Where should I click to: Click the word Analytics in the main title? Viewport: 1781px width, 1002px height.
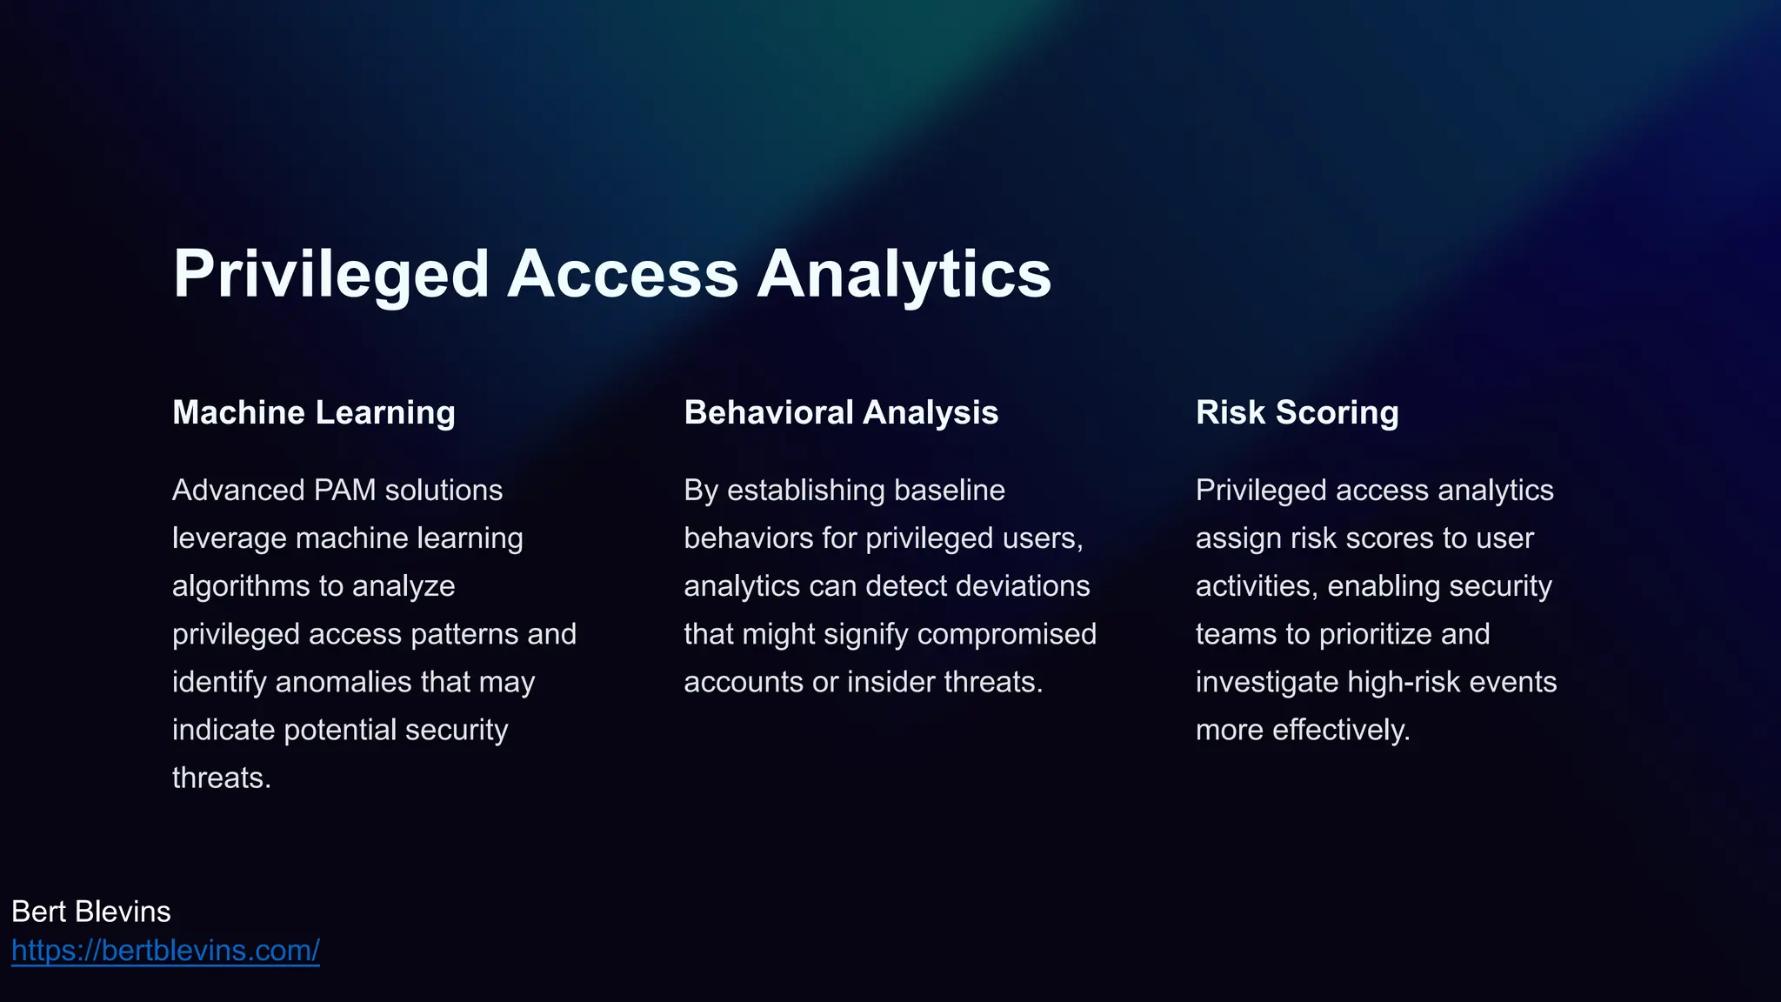[904, 275]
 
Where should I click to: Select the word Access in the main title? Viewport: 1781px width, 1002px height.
[623, 275]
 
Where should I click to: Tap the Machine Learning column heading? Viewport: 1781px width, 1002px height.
[314, 412]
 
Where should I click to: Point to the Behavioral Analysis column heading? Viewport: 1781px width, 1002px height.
[841, 412]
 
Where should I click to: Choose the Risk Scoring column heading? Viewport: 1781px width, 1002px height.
[1297, 412]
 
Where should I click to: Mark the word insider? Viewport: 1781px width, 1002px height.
[891, 682]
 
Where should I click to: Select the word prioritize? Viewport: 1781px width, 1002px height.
[1375, 634]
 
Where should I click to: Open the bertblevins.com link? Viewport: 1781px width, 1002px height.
[165, 951]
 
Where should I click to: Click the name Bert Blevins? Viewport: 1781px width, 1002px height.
[91, 912]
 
